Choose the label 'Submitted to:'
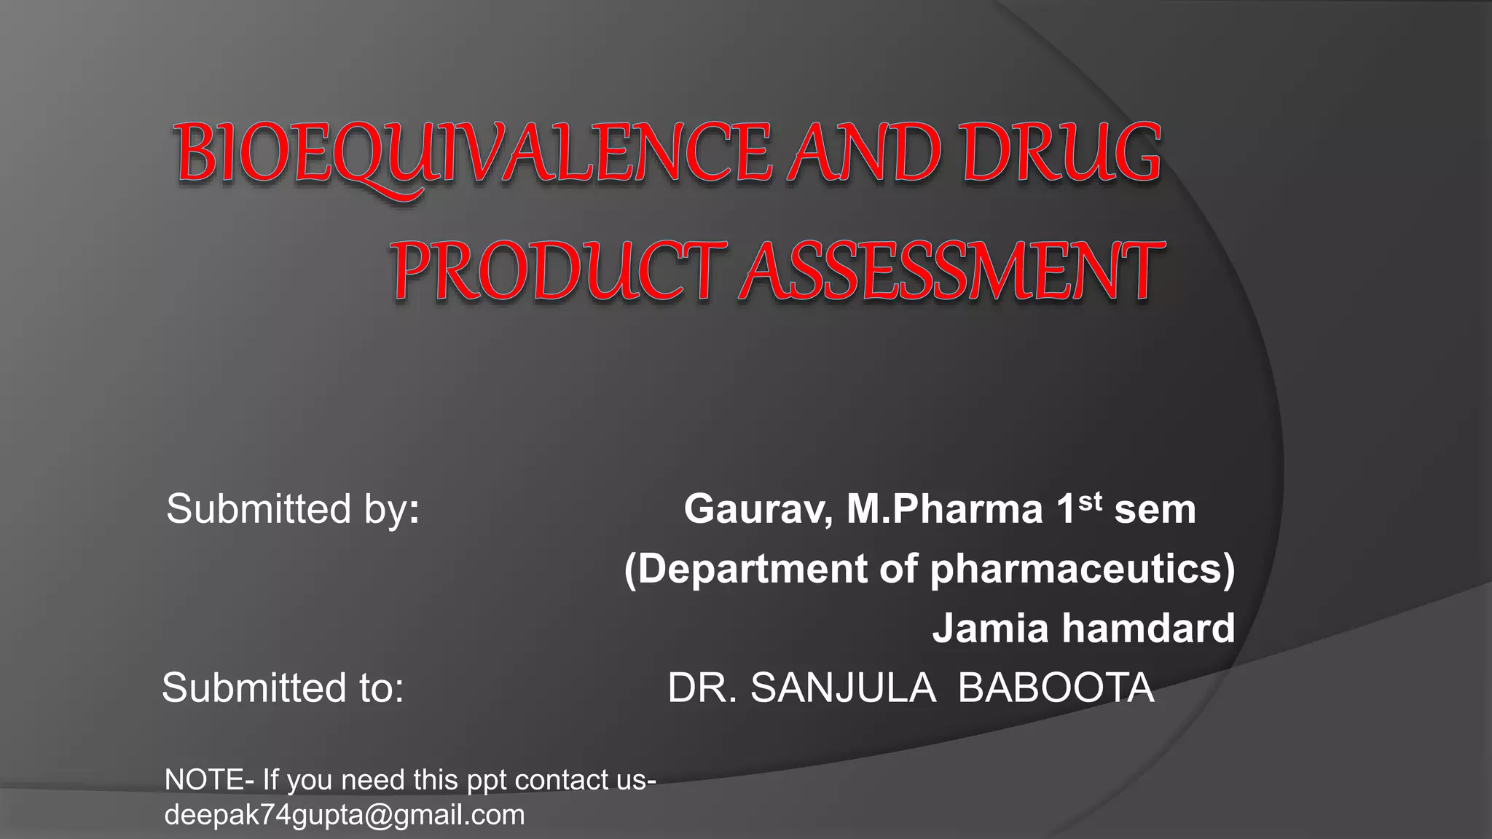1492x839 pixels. tap(283, 688)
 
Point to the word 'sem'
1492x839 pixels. tap(1155, 510)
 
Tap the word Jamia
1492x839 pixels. tap(992, 629)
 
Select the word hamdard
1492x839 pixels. tap(1149, 629)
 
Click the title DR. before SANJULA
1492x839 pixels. tap(703, 688)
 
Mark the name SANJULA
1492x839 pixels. tap(843, 688)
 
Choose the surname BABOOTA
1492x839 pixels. tap(1056, 688)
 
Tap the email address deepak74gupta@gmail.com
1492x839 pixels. tap(345, 815)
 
